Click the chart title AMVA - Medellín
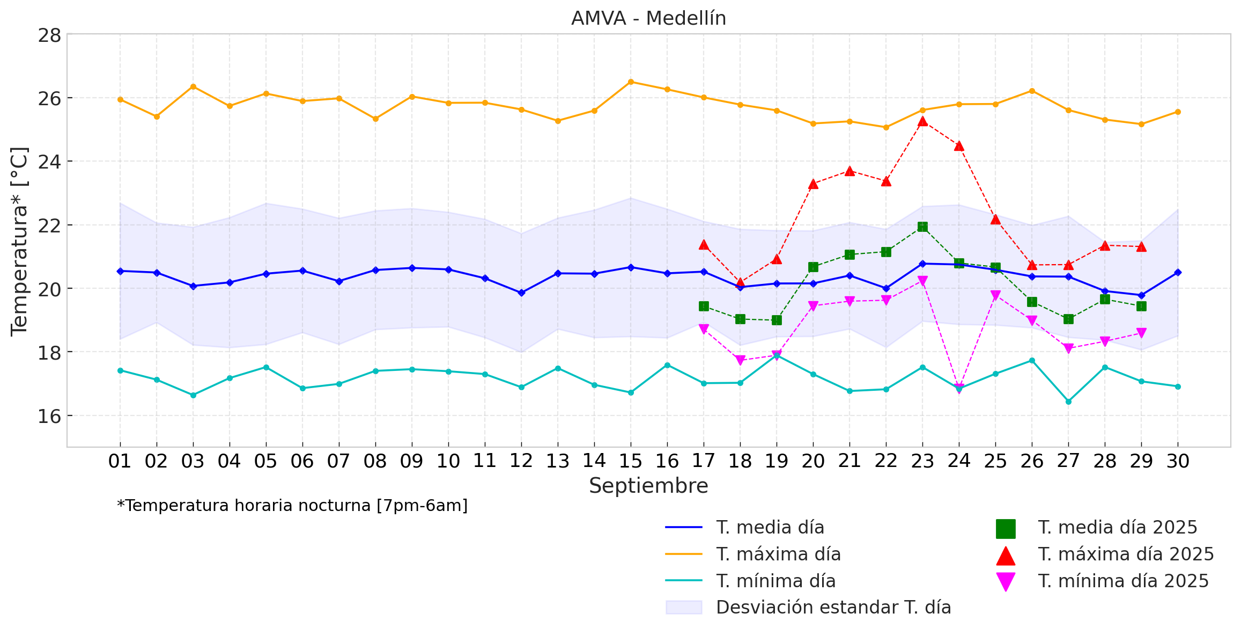(648, 18)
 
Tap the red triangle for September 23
(922, 121)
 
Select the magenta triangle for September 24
(959, 388)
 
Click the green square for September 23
(922, 227)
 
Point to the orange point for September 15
(631, 82)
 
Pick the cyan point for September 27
(1068, 402)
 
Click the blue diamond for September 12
(521, 293)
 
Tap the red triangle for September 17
(704, 245)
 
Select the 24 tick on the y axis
(49, 162)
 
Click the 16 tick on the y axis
(49, 416)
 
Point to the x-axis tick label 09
(411, 461)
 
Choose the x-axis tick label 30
(1178, 461)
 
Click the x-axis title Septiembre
(648, 486)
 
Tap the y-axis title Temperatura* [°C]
(19, 241)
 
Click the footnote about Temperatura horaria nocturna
(292, 506)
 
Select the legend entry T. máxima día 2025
(1125, 554)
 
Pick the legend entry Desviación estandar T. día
(833, 607)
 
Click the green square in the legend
(1006, 528)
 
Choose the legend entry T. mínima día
(775, 581)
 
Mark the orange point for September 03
(193, 86)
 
